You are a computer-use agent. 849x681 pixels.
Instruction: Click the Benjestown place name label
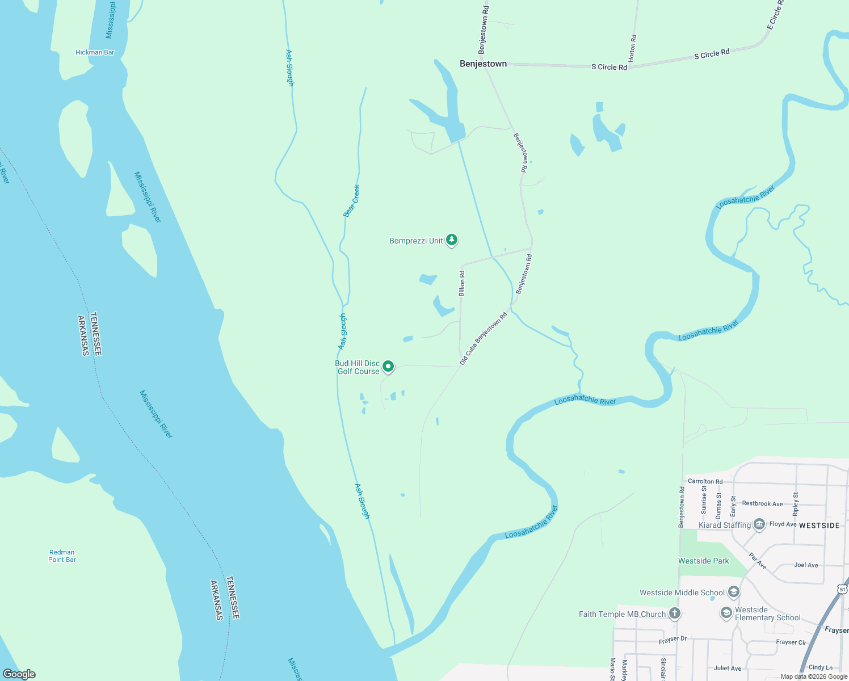[x=483, y=64]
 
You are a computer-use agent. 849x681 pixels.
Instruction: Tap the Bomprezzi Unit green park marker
[x=452, y=241]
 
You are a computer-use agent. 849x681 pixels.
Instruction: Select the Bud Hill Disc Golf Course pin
[x=388, y=367]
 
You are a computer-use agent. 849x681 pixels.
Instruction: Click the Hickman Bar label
[x=95, y=52]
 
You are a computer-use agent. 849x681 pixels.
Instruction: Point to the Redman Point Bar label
[x=62, y=556]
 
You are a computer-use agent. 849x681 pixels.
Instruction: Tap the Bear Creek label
[x=352, y=201]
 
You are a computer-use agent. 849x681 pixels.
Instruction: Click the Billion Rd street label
[x=462, y=283]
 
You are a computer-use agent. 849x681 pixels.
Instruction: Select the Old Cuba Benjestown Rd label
[x=483, y=338]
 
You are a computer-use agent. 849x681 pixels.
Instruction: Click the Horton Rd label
[x=633, y=48]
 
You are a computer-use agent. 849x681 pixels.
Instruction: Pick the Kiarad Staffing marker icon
[x=760, y=524]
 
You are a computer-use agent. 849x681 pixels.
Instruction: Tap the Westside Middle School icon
[x=733, y=592]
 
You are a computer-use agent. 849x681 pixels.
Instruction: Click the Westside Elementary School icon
[x=726, y=613]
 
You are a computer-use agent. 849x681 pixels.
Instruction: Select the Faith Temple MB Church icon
[x=674, y=613]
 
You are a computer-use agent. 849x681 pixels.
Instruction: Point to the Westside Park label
[x=704, y=561]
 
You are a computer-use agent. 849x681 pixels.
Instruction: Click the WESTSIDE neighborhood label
[x=819, y=526]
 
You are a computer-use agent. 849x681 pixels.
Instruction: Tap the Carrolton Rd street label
[x=705, y=481]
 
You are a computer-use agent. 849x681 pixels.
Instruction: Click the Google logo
[x=19, y=674]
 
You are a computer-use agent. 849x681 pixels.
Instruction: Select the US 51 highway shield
[x=843, y=590]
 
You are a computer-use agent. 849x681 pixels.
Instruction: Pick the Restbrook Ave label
[x=762, y=503]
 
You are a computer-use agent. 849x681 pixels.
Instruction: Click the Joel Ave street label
[x=806, y=565]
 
